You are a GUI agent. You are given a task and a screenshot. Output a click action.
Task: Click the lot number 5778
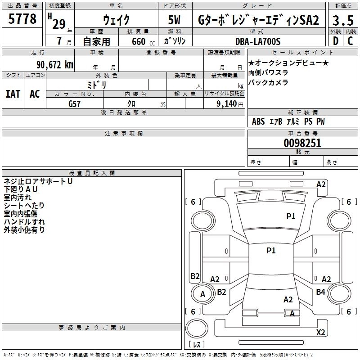click(x=22, y=19)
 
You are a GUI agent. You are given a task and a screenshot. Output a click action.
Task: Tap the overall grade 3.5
click(x=343, y=20)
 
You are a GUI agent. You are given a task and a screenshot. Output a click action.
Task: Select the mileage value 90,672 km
click(x=55, y=65)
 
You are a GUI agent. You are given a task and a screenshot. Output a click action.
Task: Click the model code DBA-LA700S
click(x=258, y=41)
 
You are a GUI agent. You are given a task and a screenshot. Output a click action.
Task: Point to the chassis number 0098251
click(x=302, y=143)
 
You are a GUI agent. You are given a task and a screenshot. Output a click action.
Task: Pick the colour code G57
click(x=74, y=104)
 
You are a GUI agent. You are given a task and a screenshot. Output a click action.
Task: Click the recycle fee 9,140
click(x=227, y=103)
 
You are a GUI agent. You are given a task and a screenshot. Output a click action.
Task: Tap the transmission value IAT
click(x=13, y=94)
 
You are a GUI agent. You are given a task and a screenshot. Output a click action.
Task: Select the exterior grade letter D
click(x=336, y=41)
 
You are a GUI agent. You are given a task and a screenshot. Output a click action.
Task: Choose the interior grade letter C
click(x=350, y=41)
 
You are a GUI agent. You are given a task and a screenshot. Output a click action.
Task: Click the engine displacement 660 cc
click(x=143, y=42)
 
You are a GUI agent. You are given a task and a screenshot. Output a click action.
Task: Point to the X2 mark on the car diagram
click(x=320, y=332)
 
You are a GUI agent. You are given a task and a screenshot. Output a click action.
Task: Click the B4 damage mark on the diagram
click(x=320, y=292)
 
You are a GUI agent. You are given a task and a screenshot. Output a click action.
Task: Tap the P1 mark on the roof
click(x=271, y=250)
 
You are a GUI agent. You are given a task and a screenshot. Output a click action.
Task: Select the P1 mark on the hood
click(x=291, y=216)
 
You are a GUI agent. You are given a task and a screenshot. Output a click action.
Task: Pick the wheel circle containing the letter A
click(x=192, y=294)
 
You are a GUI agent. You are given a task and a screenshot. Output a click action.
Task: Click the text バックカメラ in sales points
click(x=268, y=82)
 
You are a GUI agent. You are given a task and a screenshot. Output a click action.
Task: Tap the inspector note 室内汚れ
click(x=18, y=198)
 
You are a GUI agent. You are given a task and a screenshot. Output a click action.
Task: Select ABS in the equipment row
click(x=258, y=121)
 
